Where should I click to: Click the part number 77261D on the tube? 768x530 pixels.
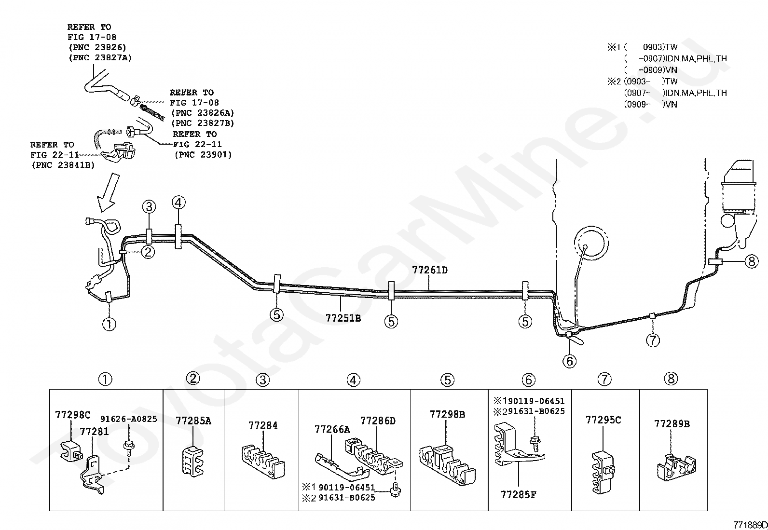click(430, 270)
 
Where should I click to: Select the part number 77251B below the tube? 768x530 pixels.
click(343, 318)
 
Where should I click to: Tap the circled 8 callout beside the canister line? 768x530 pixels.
click(752, 261)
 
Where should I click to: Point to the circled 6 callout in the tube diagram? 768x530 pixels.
click(569, 361)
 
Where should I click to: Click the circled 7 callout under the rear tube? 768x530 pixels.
click(653, 340)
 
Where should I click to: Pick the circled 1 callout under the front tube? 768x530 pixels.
click(109, 324)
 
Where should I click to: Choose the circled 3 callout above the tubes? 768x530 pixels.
click(149, 207)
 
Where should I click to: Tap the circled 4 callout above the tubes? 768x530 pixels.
click(178, 203)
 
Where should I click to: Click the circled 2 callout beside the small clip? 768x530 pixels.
click(148, 252)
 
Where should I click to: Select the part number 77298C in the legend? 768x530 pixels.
click(73, 415)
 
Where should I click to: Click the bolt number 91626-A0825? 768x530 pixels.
click(129, 419)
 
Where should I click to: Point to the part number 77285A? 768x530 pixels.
click(193, 421)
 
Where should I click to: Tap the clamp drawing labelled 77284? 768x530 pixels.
click(263, 461)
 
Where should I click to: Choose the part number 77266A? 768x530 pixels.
click(332, 429)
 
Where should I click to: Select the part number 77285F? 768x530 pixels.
click(519, 494)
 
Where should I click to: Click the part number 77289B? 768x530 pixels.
click(672, 424)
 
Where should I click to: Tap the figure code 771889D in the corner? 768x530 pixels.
click(750, 525)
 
